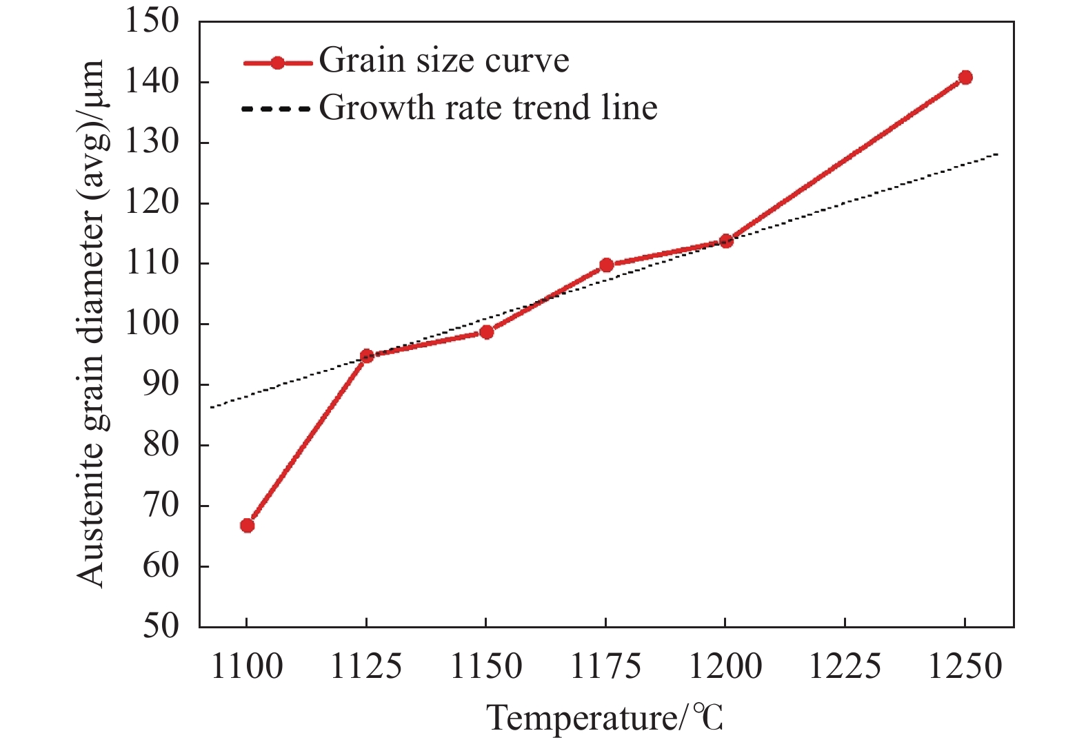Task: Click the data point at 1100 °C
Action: click(x=247, y=526)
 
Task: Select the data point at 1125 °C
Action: click(x=367, y=356)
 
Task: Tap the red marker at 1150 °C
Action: click(x=487, y=332)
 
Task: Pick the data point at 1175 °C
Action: click(x=607, y=265)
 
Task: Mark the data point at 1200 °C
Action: click(x=726, y=241)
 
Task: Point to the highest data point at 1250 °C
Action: click(x=965, y=77)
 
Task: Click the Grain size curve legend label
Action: click(x=444, y=61)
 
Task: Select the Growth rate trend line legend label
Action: click(x=488, y=107)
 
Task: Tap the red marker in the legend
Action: click(x=277, y=63)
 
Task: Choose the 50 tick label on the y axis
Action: click(x=161, y=626)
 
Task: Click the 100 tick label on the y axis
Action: click(x=151, y=324)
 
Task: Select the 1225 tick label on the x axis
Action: click(x=845, y=667)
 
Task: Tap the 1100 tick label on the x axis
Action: click(x=246, y=667)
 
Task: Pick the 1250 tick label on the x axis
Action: click(x=965, y=667)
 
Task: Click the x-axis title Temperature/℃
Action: click(x=606, y=718)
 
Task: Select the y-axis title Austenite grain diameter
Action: click(x=90, y=324)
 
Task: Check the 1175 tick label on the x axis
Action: click(x=606, y=667)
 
